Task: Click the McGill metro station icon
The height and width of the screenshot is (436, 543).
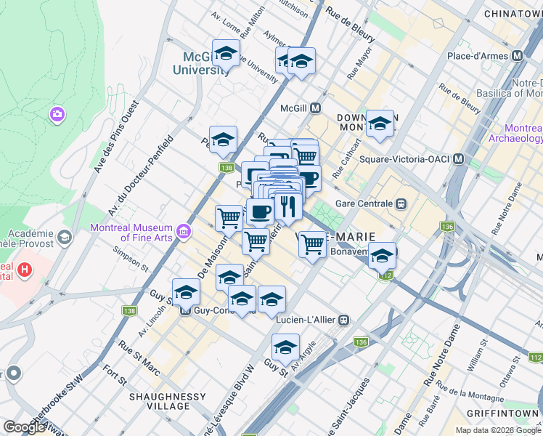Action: pos(316,108)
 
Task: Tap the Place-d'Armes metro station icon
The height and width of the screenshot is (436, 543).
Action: pos(518,56)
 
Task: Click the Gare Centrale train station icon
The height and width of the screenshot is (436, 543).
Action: pos(400,203)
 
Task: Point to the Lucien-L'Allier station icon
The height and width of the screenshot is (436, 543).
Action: pos(344,319)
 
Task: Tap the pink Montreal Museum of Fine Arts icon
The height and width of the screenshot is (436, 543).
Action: pos(184,232)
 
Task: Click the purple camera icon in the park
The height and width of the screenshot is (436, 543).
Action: pos(57,114)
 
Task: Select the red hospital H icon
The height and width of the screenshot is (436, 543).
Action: pos(25,270)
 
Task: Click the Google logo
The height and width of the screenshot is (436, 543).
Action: pos(23,427)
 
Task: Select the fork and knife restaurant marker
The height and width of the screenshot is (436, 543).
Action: pos(287,207)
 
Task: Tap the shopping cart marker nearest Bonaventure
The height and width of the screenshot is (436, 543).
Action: pos(312,244)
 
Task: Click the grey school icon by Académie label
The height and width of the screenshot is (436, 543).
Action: pos(65,237)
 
